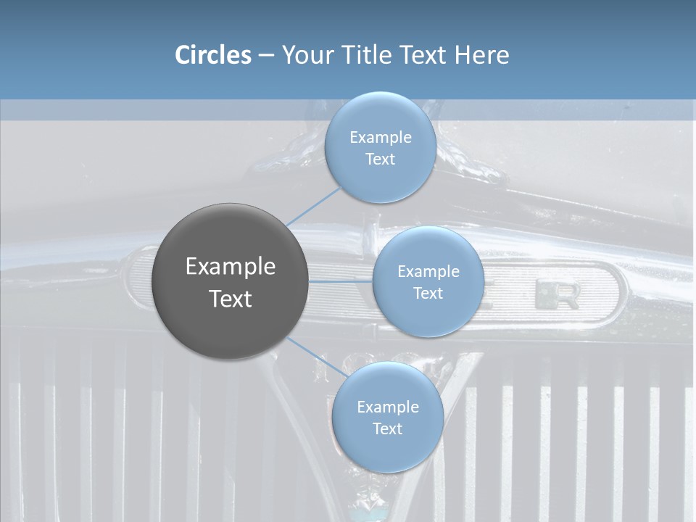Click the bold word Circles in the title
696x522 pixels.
(x=213, y=55)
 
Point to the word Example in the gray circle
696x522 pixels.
(x=231, y=267)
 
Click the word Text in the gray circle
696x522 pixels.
(x=231, y=299)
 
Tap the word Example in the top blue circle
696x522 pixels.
(x=381, y=138)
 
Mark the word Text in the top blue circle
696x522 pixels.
(x=381, y=159)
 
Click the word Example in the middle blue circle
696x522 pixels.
(x=428, y=272)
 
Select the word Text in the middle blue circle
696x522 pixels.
(x=428, y=294)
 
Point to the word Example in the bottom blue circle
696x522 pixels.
(x=387, y=407)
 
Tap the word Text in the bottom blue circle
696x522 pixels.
(x=387, y=429)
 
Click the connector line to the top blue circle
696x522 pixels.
(x=312, y=207)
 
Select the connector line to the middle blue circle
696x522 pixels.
(x=341, y=281)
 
